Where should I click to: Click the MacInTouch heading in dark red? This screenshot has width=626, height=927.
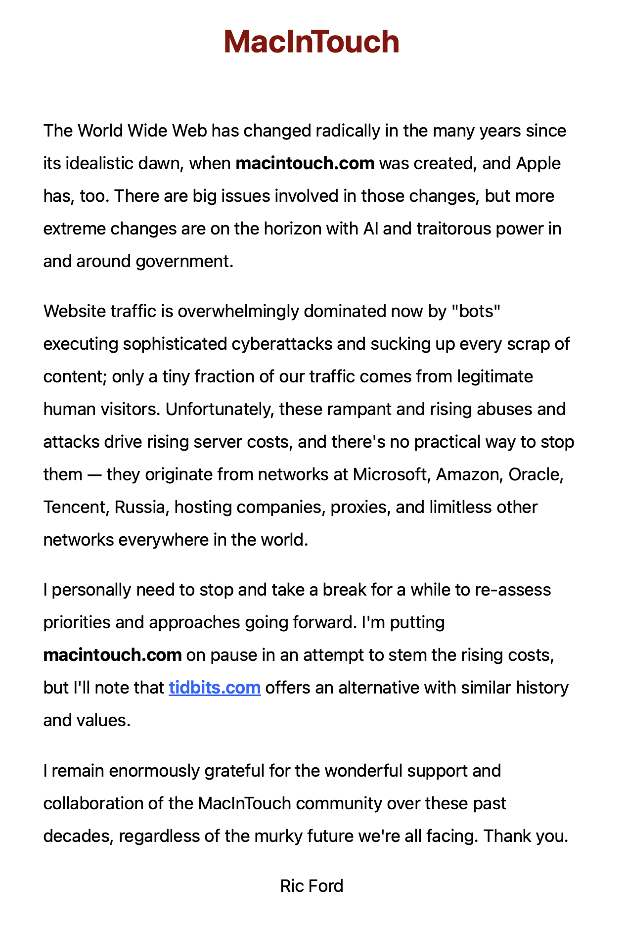[311, 42]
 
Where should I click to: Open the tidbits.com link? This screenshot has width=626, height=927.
[215, 688]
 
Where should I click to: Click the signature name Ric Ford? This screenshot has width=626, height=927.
[312, 885]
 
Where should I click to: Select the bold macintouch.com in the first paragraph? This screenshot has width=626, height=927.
[305, 163]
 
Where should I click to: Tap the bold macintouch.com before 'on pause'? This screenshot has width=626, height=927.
[113, 655]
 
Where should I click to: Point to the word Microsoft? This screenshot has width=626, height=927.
[390, 474]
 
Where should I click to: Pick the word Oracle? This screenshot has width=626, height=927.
[536, 474]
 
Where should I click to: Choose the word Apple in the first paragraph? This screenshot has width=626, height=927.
[538, 163]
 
